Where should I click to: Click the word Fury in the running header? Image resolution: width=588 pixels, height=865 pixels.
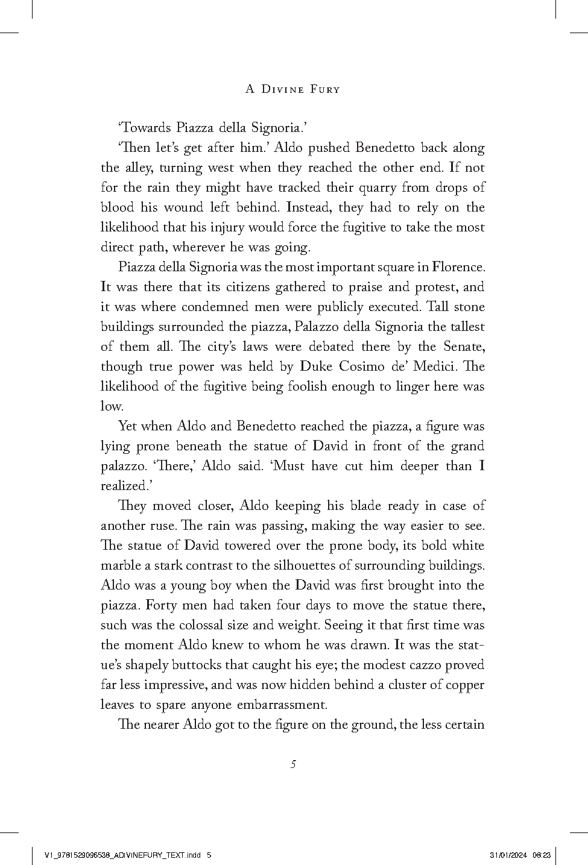pyautogui.click(x=324, y=90)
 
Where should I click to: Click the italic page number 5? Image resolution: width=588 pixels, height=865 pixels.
pyautogui.click(x=293, y=765)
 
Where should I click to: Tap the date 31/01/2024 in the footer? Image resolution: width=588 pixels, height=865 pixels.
pyautogui.click(x=508, y=855)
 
